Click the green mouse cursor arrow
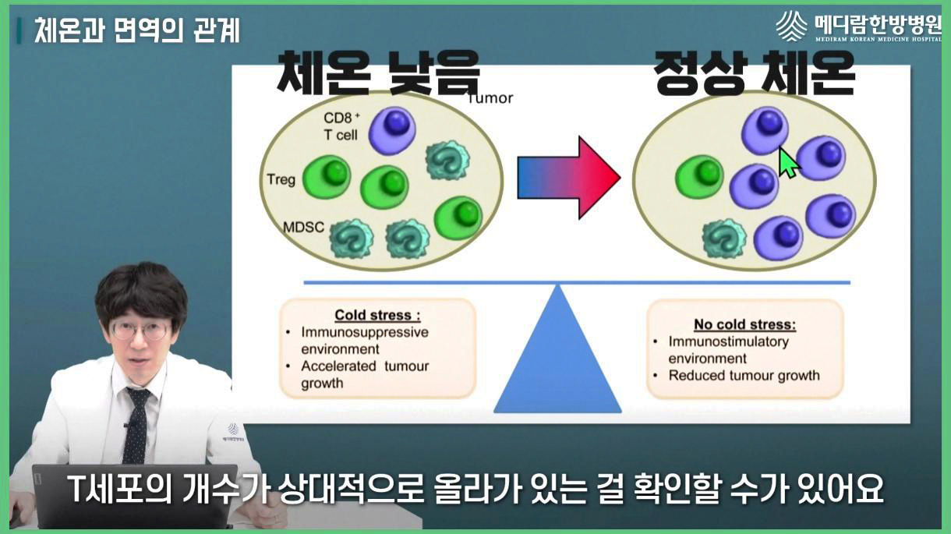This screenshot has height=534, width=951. click(789, 162)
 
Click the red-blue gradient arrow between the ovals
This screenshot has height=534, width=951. click(568, 178)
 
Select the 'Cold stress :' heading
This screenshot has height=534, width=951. click(377, 316)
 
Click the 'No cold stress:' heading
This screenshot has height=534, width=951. click(744, 324)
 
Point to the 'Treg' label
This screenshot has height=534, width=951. click(281, 180)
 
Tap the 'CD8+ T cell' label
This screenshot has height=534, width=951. click(340, 126)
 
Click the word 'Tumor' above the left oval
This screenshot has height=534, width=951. click(490, 98)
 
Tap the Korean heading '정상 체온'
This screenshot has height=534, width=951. click(755, 74)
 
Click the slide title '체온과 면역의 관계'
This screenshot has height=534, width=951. click(136, 30)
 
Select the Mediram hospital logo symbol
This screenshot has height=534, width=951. click(791, 26)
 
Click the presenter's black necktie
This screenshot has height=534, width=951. click(137, 425)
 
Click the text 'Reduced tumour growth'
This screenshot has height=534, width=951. click(744, 375)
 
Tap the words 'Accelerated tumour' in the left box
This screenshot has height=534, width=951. click(365, 366)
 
